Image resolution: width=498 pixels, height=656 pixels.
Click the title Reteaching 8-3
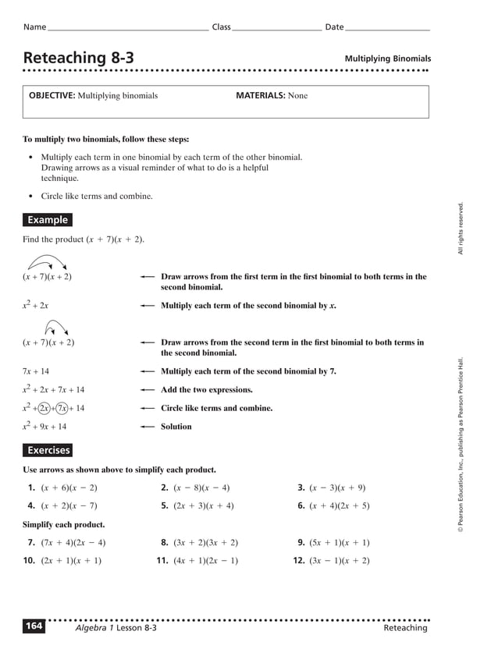tap(78, 58)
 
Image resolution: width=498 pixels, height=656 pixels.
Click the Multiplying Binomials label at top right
tap(387, 59)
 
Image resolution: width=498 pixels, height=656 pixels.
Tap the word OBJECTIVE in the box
tap(52, 96)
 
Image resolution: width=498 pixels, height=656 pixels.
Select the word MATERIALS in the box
tap(260, 96)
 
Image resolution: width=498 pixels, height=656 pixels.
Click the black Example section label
tap(48, 220)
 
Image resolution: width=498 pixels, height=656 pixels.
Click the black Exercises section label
tap(48, 450)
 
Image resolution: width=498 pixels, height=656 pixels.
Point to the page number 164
tap(34, 626)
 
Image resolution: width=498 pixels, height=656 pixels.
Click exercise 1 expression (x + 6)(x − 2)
tap(69, 488)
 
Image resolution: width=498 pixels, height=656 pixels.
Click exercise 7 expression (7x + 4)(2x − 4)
tap(73, 543)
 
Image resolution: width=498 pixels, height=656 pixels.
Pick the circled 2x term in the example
tap(44, 408)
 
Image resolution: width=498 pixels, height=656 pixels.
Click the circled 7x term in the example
tap(62, 408)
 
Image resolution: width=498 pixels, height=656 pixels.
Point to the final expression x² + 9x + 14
tap(44, 427)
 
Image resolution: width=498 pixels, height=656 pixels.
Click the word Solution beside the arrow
tap(176, 427)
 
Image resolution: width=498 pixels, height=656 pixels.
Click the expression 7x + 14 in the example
tap(36, 371)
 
